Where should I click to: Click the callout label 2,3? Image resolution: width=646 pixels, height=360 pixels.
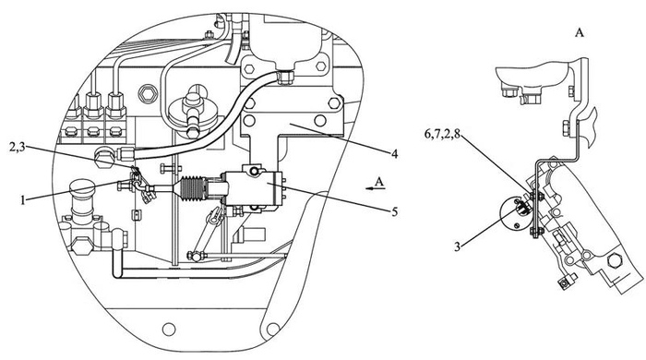pos(18,148)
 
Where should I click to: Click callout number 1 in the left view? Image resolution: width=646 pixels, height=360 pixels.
pos(24,200)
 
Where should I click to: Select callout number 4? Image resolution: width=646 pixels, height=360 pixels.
pos(395,154)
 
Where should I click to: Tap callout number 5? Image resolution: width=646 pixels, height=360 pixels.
pos(395,211)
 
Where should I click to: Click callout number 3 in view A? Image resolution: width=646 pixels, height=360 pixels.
pos(458,246)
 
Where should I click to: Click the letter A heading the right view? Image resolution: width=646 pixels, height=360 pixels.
pos(580,33)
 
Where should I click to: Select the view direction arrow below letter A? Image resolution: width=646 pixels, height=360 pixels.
pos(376,188)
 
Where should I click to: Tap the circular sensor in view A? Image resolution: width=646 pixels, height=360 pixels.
pos(512,212)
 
